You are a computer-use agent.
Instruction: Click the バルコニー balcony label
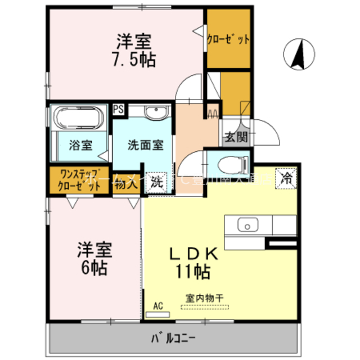click(173, 339)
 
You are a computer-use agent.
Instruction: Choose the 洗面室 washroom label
click(145, 144)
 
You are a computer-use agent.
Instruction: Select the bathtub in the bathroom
click(78, 119)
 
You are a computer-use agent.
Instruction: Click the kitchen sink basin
click(246, 226)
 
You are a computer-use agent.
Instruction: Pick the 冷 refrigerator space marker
click(287, 179)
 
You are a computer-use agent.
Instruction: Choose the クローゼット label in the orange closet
click(228, 40)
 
